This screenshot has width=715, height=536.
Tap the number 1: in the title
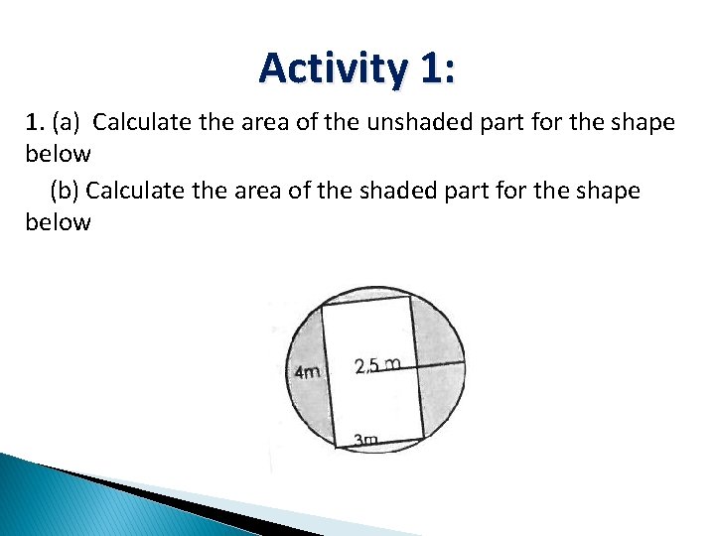click(x=437, y=68)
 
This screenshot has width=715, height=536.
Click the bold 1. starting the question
click(x=36, y=124)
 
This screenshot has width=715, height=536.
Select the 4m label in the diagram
click(x=308, y=372)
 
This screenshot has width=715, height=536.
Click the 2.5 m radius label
click(x=377, y=365)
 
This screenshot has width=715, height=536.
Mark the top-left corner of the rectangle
click(x=322, y=306)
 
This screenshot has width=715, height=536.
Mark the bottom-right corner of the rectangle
click(x=425, y=438)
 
